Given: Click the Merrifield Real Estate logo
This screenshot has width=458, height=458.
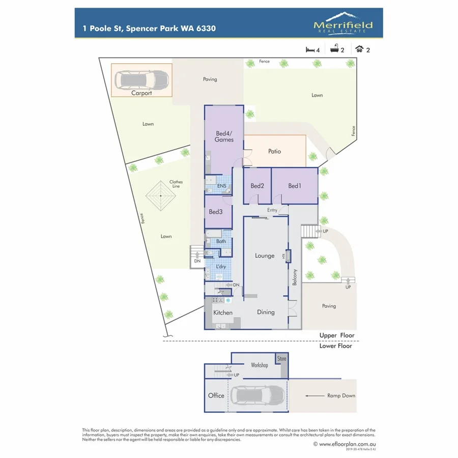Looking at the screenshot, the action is click(x=343, y=23).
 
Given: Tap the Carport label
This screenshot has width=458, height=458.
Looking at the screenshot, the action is click(x=141, y=93).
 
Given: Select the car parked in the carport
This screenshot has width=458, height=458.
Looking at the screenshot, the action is click(x=141, y=79).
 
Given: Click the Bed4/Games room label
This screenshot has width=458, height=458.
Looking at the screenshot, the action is click(x=224, y=136).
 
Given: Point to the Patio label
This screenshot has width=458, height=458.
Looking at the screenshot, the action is click(x=274, y=151).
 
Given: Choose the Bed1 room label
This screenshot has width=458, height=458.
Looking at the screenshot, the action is click(x=295, y=186).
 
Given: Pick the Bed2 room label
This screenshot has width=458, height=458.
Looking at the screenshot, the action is click(x=257, y=186).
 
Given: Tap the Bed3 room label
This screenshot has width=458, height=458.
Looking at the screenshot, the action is click(x=216, y=212).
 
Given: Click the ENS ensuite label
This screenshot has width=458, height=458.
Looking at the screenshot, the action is click(x=221, y=186).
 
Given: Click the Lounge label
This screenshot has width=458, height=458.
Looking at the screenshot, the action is click(x=265, y=256).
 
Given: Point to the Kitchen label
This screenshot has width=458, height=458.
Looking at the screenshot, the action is click(x=223, y=312).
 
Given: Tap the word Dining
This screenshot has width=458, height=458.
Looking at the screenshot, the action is click(x=266, y=312).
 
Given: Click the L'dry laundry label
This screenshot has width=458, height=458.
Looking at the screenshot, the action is click(x=221, y=267).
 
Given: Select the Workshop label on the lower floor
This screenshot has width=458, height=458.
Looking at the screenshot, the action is click(x=260, y=365).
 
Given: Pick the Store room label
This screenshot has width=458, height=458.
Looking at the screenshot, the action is click(x=282, y=359).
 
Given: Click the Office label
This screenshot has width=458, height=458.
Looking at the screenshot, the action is click(x=216, y=395).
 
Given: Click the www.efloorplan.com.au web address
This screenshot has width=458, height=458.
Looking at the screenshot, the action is click(x=347, y=444).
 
